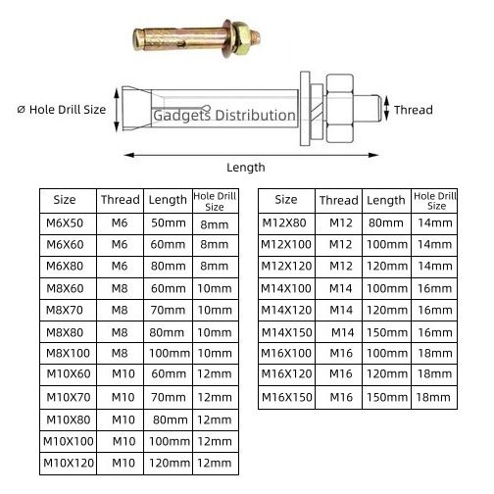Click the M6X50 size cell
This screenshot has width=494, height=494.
pyautogui.click(x=65, y=223)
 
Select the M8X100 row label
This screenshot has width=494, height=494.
pyautogui.click(x=68, y=353)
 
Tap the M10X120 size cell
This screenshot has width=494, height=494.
pyautogui.click(x=69, y=463)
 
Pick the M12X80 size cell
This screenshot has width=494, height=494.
pyautogui.click(x=284, y=222)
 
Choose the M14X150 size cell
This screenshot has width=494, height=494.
pyautogui.click(x=286, y=332)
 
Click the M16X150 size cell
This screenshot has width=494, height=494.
pyautogui.click(x=286, y=397)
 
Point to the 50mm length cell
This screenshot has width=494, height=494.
pyautogui.click(x=169, y=223)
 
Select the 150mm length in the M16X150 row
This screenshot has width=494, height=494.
pyautogui.click(x=387, y=397)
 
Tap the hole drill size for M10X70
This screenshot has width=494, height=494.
pyautogui.click(x=215, y=397)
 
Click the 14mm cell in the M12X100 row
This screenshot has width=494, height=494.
pyautogui.click(x=435, y=244)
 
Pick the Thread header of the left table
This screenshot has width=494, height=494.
pyautogui.click(x=121, y=200)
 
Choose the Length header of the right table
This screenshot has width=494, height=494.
pyautogui.click(x=386, y=201)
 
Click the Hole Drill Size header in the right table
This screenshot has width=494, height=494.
pyautogui.click(x=435, y=201)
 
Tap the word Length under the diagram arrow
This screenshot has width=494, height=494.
pyautogui.click(x=246, y=168)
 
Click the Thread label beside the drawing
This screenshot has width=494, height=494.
pyautogui.click(x=414, y=110)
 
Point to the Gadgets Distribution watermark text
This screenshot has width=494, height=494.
pyautogui.click(x=224, y=116)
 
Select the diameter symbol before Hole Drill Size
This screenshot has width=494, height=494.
pyautogui.click(x=21, y=110)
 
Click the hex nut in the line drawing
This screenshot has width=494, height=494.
pyautogui.click(x=340, y=109)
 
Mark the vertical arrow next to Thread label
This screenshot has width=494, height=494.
pyautogui.click(x=386, y=109)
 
